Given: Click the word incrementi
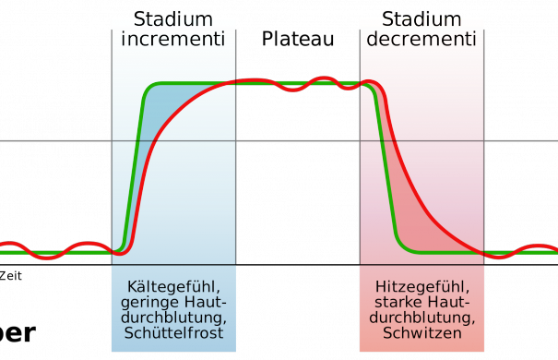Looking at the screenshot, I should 172,39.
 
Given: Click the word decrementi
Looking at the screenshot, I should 421,39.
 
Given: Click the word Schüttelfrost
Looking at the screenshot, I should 172,333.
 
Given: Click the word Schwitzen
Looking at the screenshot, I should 421,333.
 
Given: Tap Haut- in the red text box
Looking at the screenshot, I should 455,302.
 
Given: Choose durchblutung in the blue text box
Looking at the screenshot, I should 172,318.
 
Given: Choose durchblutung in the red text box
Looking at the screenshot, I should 421,318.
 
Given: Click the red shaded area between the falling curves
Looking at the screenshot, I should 406,185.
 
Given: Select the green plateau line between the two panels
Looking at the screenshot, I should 295,84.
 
